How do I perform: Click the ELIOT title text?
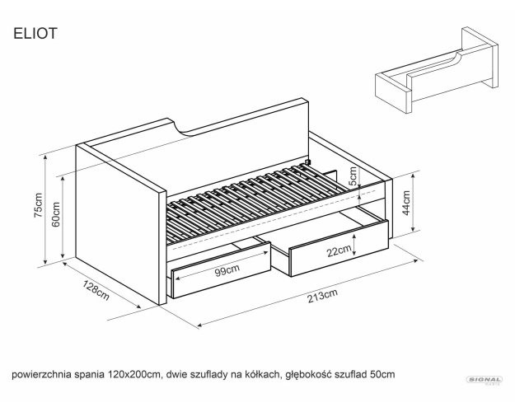coord(35,34)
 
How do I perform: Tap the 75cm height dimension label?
coord(38,205)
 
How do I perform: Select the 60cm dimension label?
coord(56,214)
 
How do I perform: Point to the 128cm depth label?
coord(96,290)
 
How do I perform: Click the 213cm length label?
coord(322,296)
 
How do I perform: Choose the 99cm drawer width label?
coord(227,270)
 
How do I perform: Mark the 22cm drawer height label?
coord(339,251)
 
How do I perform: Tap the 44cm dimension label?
coord(406,203)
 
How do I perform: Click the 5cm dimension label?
coord(353,176)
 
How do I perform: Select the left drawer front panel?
coord(221,270)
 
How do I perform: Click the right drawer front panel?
coord(339,248)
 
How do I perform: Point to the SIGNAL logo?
coord(485,380)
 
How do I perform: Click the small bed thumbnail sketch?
coord(437,70)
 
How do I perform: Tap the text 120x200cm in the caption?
coord(134,374)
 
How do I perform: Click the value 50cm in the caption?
coord(382,374)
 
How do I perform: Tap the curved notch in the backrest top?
coord(183,129)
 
